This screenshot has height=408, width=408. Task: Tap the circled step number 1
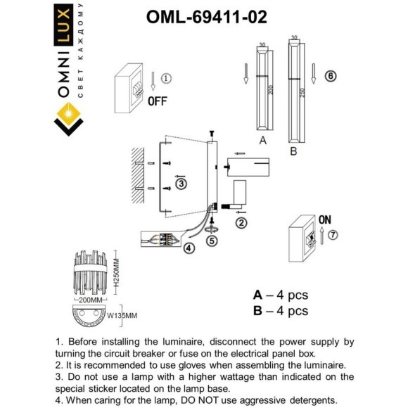click(x=166, y=79)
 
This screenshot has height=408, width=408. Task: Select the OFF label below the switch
click(x=157, y=101)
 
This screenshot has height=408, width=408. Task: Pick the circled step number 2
click(x=241, y=223)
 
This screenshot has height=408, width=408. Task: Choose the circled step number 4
click(x=189, y=248)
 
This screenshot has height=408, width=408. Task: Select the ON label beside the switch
click(x=325, y=219)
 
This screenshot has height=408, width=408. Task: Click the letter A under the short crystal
click(x=262, y=141)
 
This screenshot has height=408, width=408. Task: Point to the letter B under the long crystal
click(x=293, y=151)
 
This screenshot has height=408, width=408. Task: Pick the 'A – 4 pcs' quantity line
click(x=280, y=295)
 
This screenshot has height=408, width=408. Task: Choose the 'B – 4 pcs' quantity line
click(x=280, y=310)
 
